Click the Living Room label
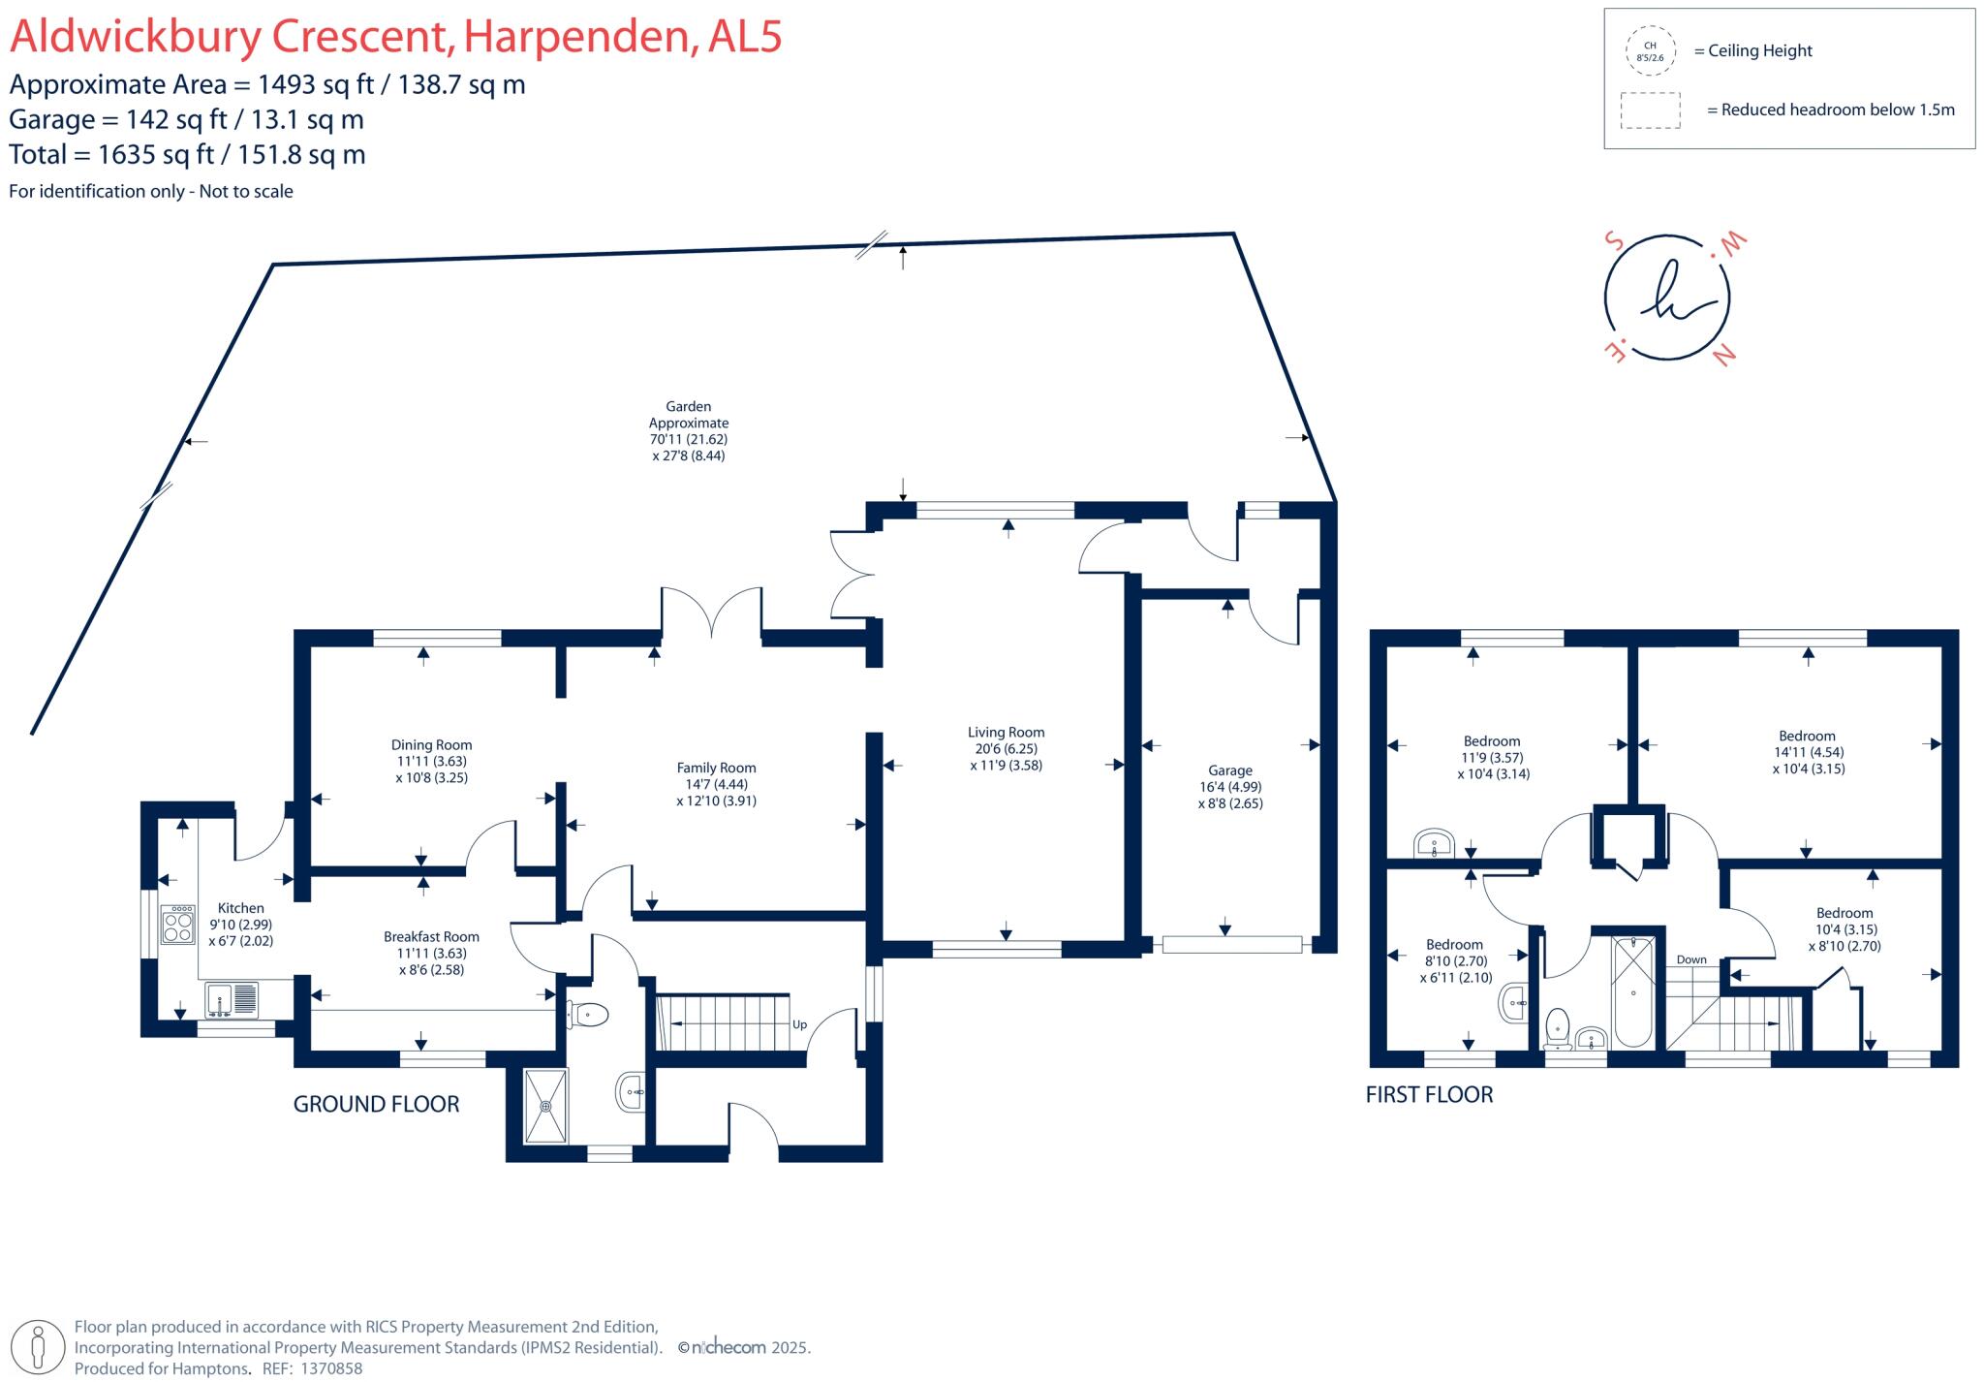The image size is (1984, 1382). point(1006,733)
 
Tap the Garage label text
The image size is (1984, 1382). point(1229,770)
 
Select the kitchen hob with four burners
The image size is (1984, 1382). point(177,925)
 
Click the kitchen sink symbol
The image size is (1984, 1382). point(232,1000)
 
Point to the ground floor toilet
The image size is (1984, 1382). point(588,1015)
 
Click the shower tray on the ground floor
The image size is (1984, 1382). point(546,1106)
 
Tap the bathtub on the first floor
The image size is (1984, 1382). point(1633,990)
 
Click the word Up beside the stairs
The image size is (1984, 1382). point(799,1024)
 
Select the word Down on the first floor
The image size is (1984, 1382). point(1691,959)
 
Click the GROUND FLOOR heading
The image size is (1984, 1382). point(376,1104)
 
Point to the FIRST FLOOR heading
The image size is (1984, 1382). point(1429,1094)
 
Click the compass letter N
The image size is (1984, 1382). point(1723,357)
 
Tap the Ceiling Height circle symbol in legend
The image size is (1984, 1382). point(1650,51)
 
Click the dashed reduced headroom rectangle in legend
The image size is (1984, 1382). point(1650,110)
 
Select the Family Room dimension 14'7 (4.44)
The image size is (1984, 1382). point(716,784)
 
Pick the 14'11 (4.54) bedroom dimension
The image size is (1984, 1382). point(1808,752)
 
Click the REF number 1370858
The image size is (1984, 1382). point(331,1368)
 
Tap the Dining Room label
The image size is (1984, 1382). point(431,745)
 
